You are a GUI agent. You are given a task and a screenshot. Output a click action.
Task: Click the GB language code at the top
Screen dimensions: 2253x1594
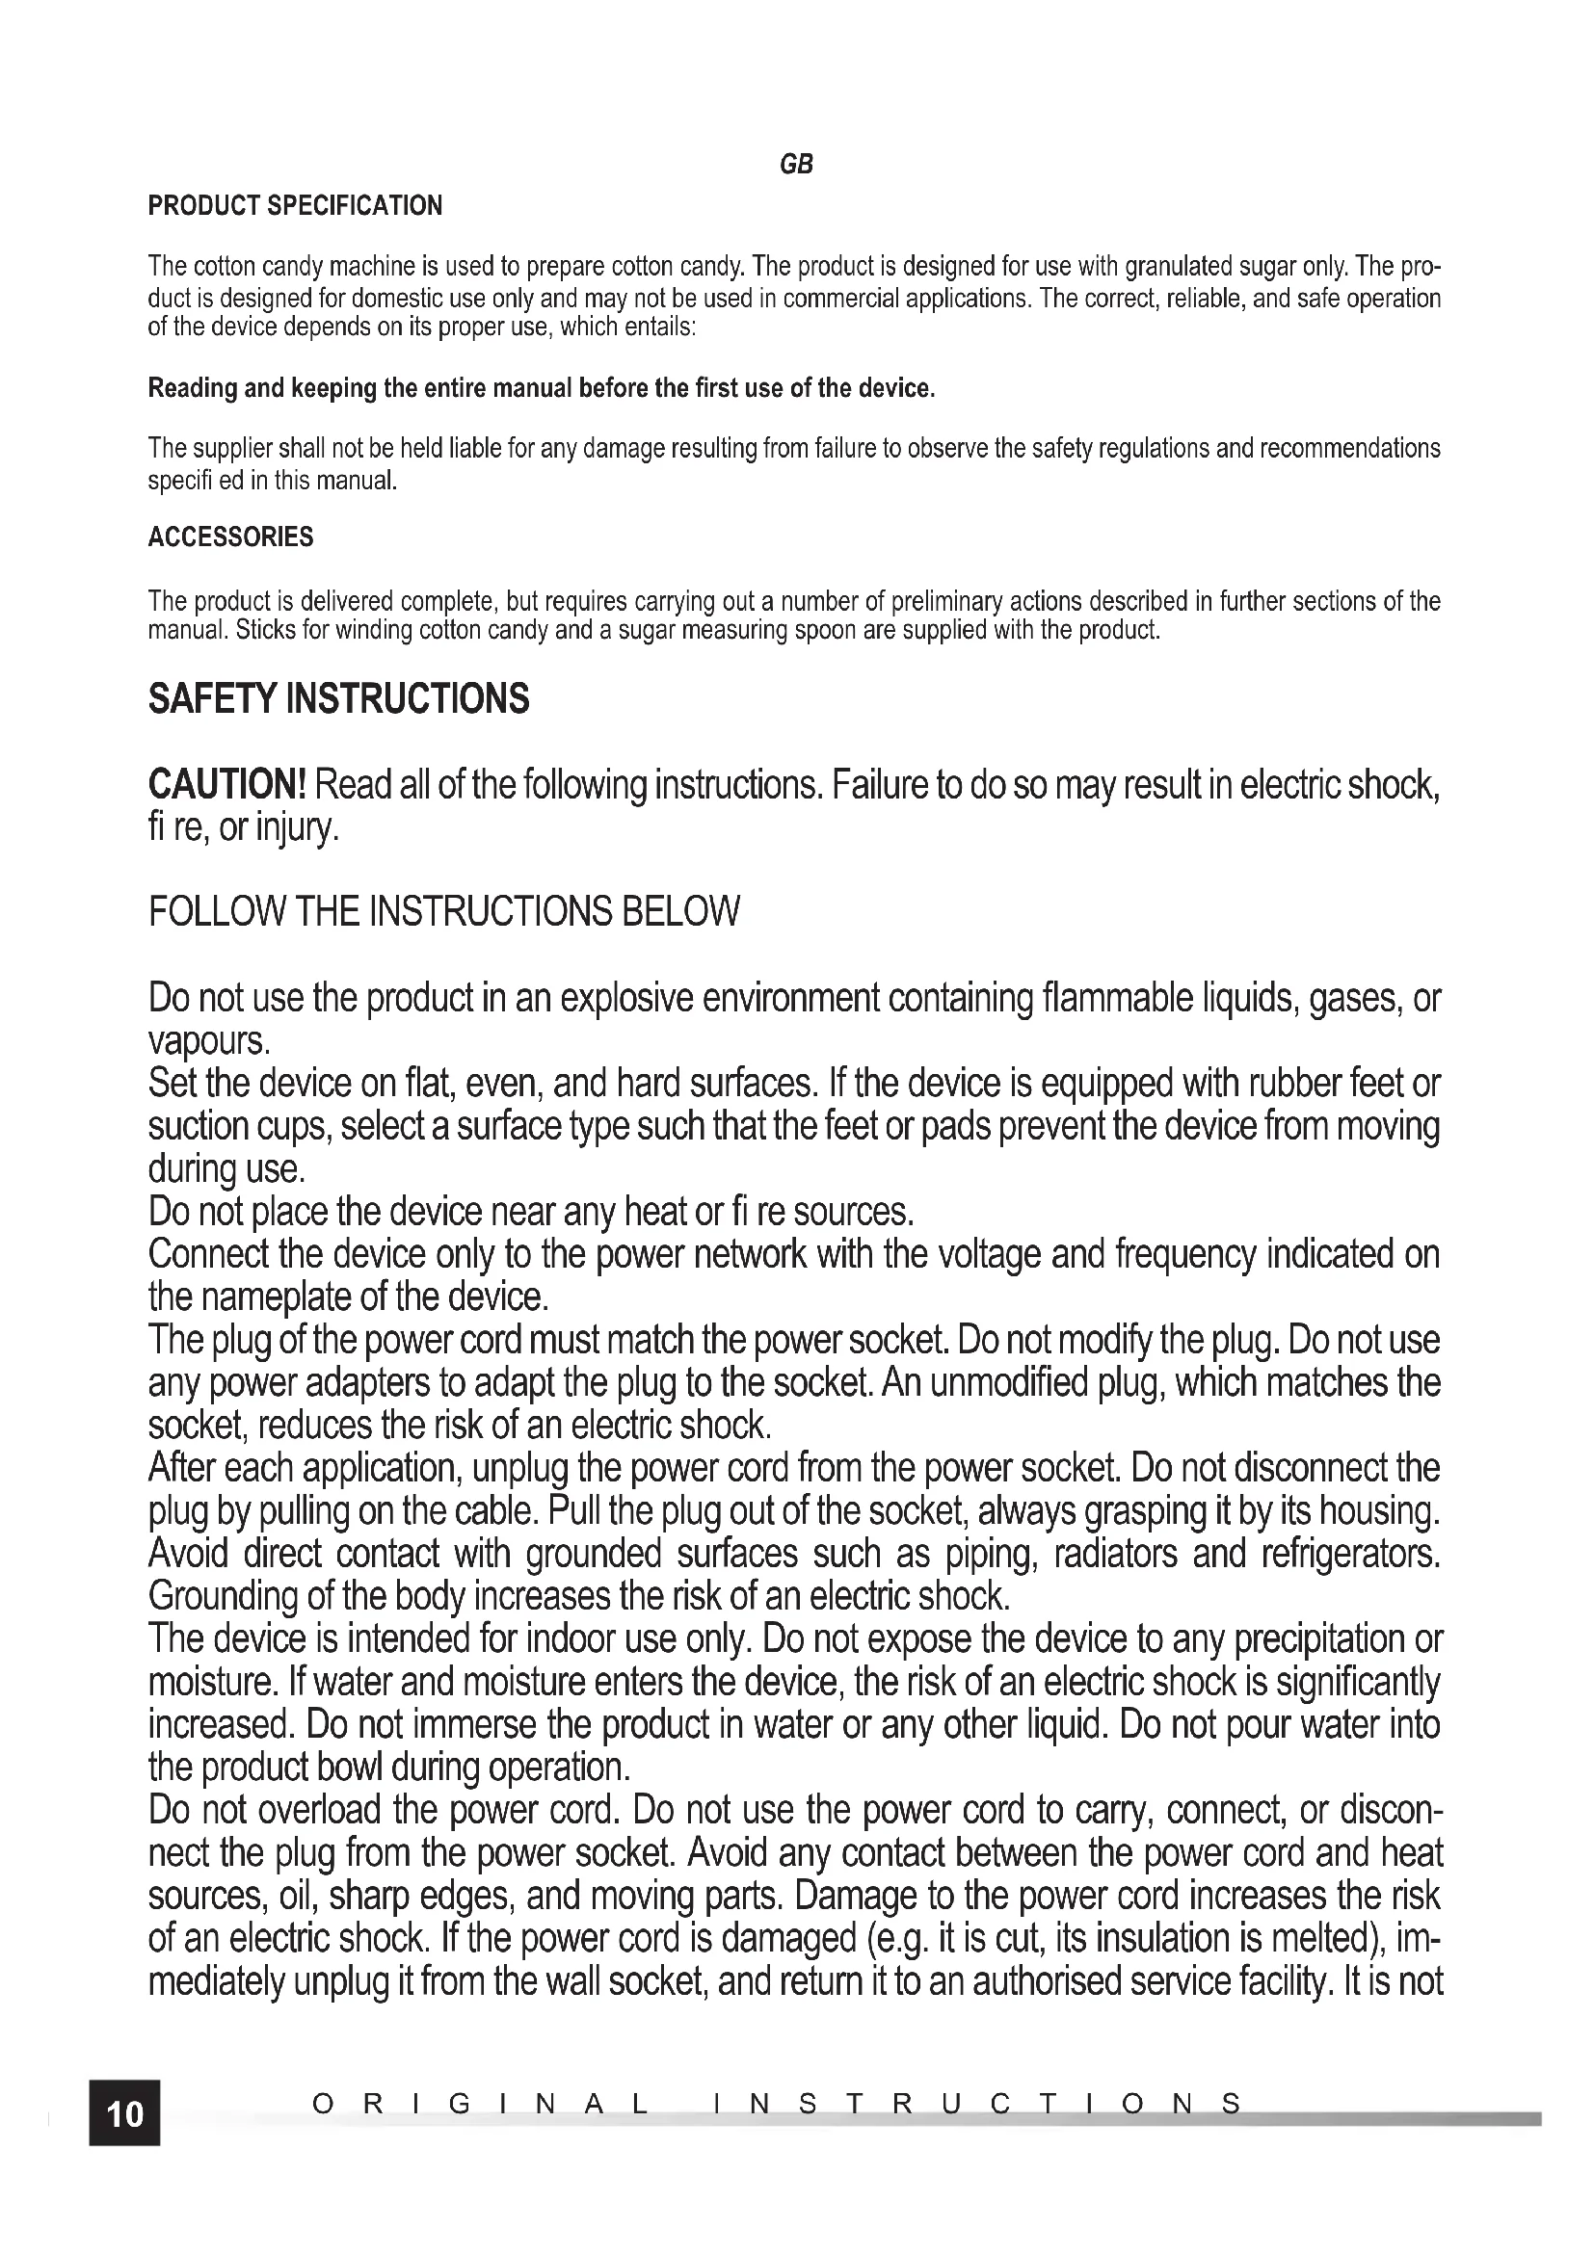796,165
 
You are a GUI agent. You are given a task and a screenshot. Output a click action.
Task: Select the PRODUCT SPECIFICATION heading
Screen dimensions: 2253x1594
295,206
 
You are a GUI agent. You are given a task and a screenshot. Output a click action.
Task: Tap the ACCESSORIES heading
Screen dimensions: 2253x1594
230,537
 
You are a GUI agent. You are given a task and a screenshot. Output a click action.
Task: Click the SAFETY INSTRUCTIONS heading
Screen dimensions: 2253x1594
338,699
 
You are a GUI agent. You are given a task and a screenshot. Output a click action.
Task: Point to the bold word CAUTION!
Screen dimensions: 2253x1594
227,785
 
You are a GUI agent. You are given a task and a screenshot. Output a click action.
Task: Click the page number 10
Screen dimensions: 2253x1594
124,2112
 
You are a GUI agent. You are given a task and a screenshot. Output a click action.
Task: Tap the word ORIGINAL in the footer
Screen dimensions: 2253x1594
480,2104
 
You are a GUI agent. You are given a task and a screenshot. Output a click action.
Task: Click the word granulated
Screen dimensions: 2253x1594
1179,267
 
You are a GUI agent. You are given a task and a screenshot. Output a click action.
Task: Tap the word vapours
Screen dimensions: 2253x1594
207,1040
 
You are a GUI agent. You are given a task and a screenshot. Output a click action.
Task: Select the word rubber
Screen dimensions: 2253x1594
1301,1084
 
